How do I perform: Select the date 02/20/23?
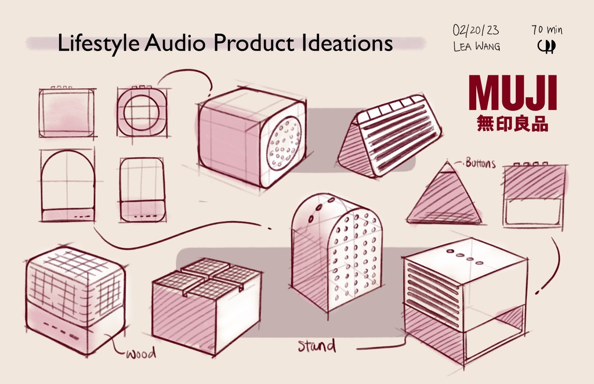[x=476, y=30]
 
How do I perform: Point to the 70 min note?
[x=546, y=30]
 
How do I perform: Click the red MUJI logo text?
[x=512, y=93]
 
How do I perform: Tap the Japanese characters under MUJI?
[x=512, y=124]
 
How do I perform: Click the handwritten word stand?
[x=317, y=346]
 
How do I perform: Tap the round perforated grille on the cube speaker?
[x=284, y=142]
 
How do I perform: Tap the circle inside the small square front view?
[x=141, y=111]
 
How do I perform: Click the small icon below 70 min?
[x=546, y=46]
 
